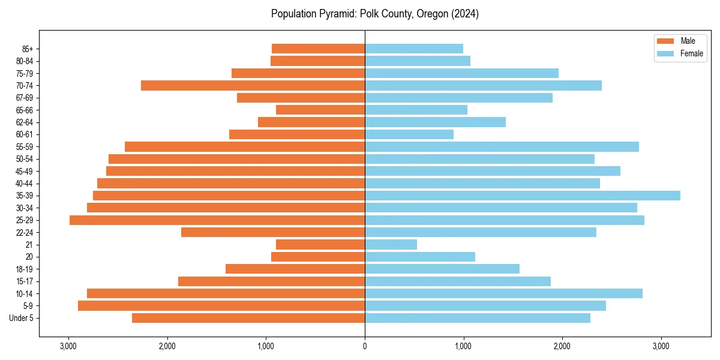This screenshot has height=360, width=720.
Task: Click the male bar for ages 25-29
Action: click(217, 220)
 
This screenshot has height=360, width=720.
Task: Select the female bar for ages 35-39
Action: click(522, 196)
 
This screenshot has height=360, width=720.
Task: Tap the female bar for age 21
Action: click(391, 245)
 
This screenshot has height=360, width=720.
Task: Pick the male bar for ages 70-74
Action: click(253, 86)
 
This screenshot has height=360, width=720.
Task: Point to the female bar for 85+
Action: click(414, 49)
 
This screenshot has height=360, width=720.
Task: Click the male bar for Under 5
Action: click(248, 318)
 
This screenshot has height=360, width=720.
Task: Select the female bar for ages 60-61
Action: click(409, 134)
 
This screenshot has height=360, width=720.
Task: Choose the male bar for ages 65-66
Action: click(320, 110)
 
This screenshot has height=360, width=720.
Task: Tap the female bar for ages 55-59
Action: click(502, 147)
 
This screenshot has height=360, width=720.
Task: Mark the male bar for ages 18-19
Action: click(295, 269)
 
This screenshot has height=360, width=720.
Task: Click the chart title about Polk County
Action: click(374, 14)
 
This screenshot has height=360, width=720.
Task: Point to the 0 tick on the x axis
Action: click(365, 346)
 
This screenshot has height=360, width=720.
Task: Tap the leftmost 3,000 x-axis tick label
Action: click(68, 346)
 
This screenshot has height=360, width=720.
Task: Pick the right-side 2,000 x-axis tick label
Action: click(562, 346)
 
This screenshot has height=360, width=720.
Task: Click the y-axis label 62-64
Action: click(23, 122)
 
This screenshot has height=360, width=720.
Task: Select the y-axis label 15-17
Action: click(23, 281)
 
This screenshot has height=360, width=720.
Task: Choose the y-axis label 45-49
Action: click(23, 171)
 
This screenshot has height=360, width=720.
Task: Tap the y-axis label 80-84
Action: click(23, 61)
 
